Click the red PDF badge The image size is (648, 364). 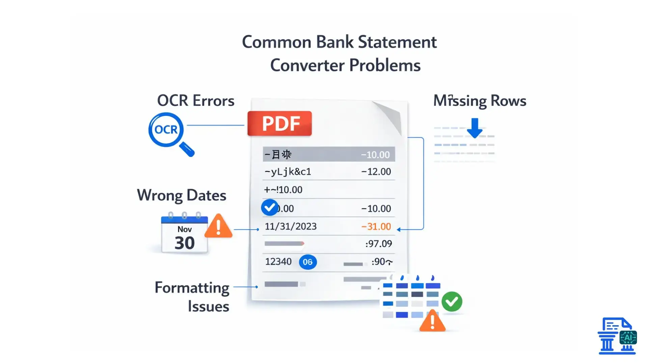click(x=279, y=123)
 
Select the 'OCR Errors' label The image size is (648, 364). click(x=196, y=101)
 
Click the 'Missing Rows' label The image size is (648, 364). click(x=480, y=101)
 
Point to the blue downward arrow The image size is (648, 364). click(x=475, y=128)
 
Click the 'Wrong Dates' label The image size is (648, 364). click(x=182, y=195)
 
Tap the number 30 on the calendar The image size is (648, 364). click(x=185, y=243)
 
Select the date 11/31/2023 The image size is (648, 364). click(x=291, y=226)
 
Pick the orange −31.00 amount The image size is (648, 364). click(x=376, y=226)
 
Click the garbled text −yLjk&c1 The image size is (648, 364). click(x=288, y=172)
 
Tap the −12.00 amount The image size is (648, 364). click(x=376, y=172)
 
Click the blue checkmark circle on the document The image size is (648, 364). click(x=270, y=207)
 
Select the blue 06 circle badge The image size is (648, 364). click(x=308, y=262)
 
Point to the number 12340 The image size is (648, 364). click(x=278, y=262)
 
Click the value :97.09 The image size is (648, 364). click(x=379, y=244)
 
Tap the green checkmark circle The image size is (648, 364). click(x=452, y=302)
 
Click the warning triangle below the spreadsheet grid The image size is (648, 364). click(x=432, y=322)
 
